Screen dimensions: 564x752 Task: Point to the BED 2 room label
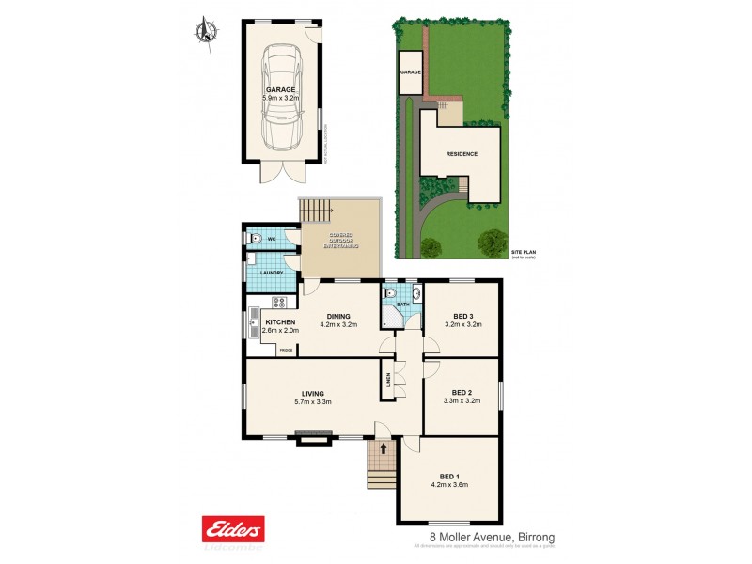click(462, 392)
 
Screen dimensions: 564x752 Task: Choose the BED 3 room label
click(462, 316)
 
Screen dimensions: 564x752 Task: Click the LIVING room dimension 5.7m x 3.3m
click(313, 402)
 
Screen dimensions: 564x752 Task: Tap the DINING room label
click(338, 316)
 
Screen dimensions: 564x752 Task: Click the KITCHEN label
click(279, 321)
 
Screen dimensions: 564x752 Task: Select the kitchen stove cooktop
click(278, 303)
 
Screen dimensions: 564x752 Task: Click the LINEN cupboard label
click(389, 381)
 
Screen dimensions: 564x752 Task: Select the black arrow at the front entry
click(383, 450)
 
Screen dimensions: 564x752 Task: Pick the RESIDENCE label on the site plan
click(462, 154)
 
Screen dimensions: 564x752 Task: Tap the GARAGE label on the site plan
click(410, 71)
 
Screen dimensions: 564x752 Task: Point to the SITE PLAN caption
click(523, 253)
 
